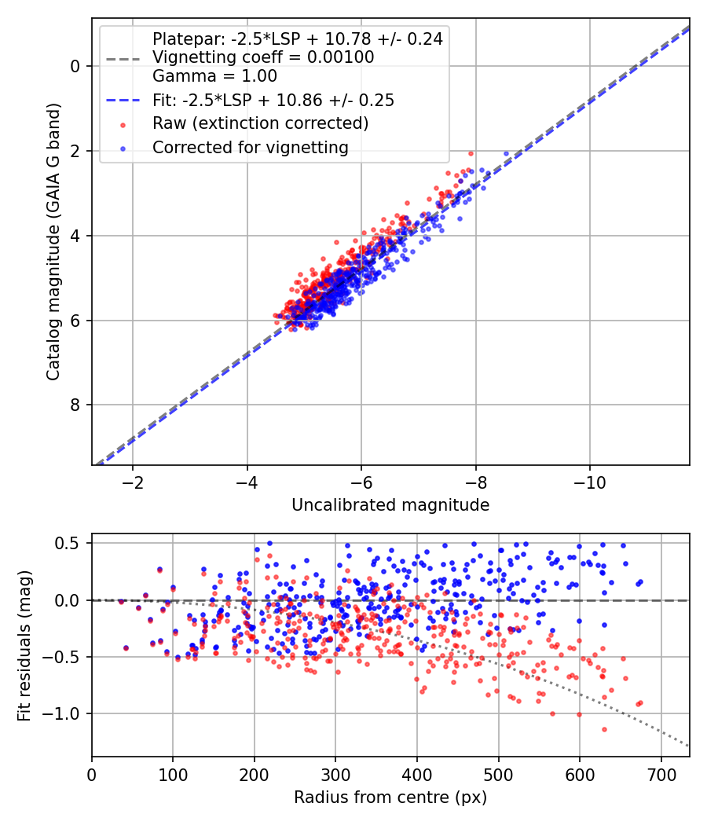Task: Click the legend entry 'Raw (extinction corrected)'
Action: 260,123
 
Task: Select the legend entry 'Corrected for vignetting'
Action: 250,147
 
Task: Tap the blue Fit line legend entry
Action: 273,101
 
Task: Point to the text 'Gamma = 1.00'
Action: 214,76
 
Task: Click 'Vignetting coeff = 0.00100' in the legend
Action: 263,57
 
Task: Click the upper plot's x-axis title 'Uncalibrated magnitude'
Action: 390,505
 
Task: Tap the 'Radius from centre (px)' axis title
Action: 390,797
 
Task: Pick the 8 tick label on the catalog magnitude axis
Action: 75,405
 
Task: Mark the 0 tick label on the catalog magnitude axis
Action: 75,66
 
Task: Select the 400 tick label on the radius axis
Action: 416,775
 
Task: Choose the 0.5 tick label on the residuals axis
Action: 69,544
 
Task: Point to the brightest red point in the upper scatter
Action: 471,154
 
